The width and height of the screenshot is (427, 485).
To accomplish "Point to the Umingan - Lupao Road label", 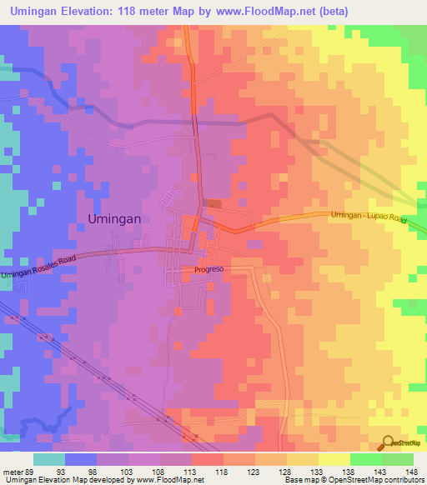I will click(x=367, y=221).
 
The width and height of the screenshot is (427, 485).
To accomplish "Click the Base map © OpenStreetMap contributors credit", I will click(x=354, y=480).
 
